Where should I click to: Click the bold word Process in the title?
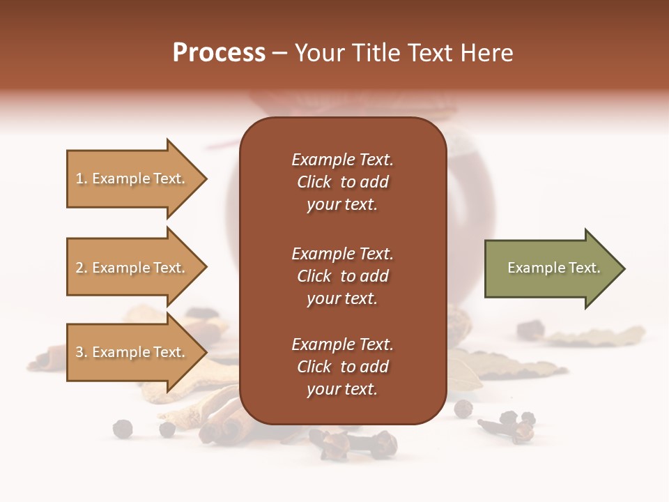219,53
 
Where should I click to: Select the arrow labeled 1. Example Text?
132,178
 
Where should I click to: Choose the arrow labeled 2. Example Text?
132,268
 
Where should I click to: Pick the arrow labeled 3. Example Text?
132,352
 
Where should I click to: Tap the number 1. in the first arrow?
82,179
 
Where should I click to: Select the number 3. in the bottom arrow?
82,353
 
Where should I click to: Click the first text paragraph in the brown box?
342,182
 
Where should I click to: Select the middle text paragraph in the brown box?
342,276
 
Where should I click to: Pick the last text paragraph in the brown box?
342,367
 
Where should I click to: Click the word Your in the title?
319,53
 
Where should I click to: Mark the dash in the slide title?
280,54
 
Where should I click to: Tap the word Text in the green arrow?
584,268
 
